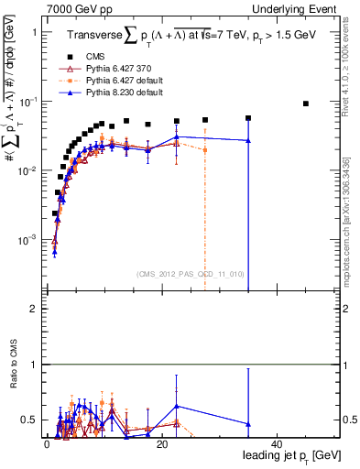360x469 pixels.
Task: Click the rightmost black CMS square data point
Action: coord(306,104)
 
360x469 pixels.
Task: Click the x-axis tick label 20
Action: coord(161,443)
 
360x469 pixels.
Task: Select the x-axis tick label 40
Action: coord(277,443)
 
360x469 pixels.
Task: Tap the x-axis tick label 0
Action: coord(47,443)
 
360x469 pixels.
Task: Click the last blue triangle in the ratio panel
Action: coord(248,424)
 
